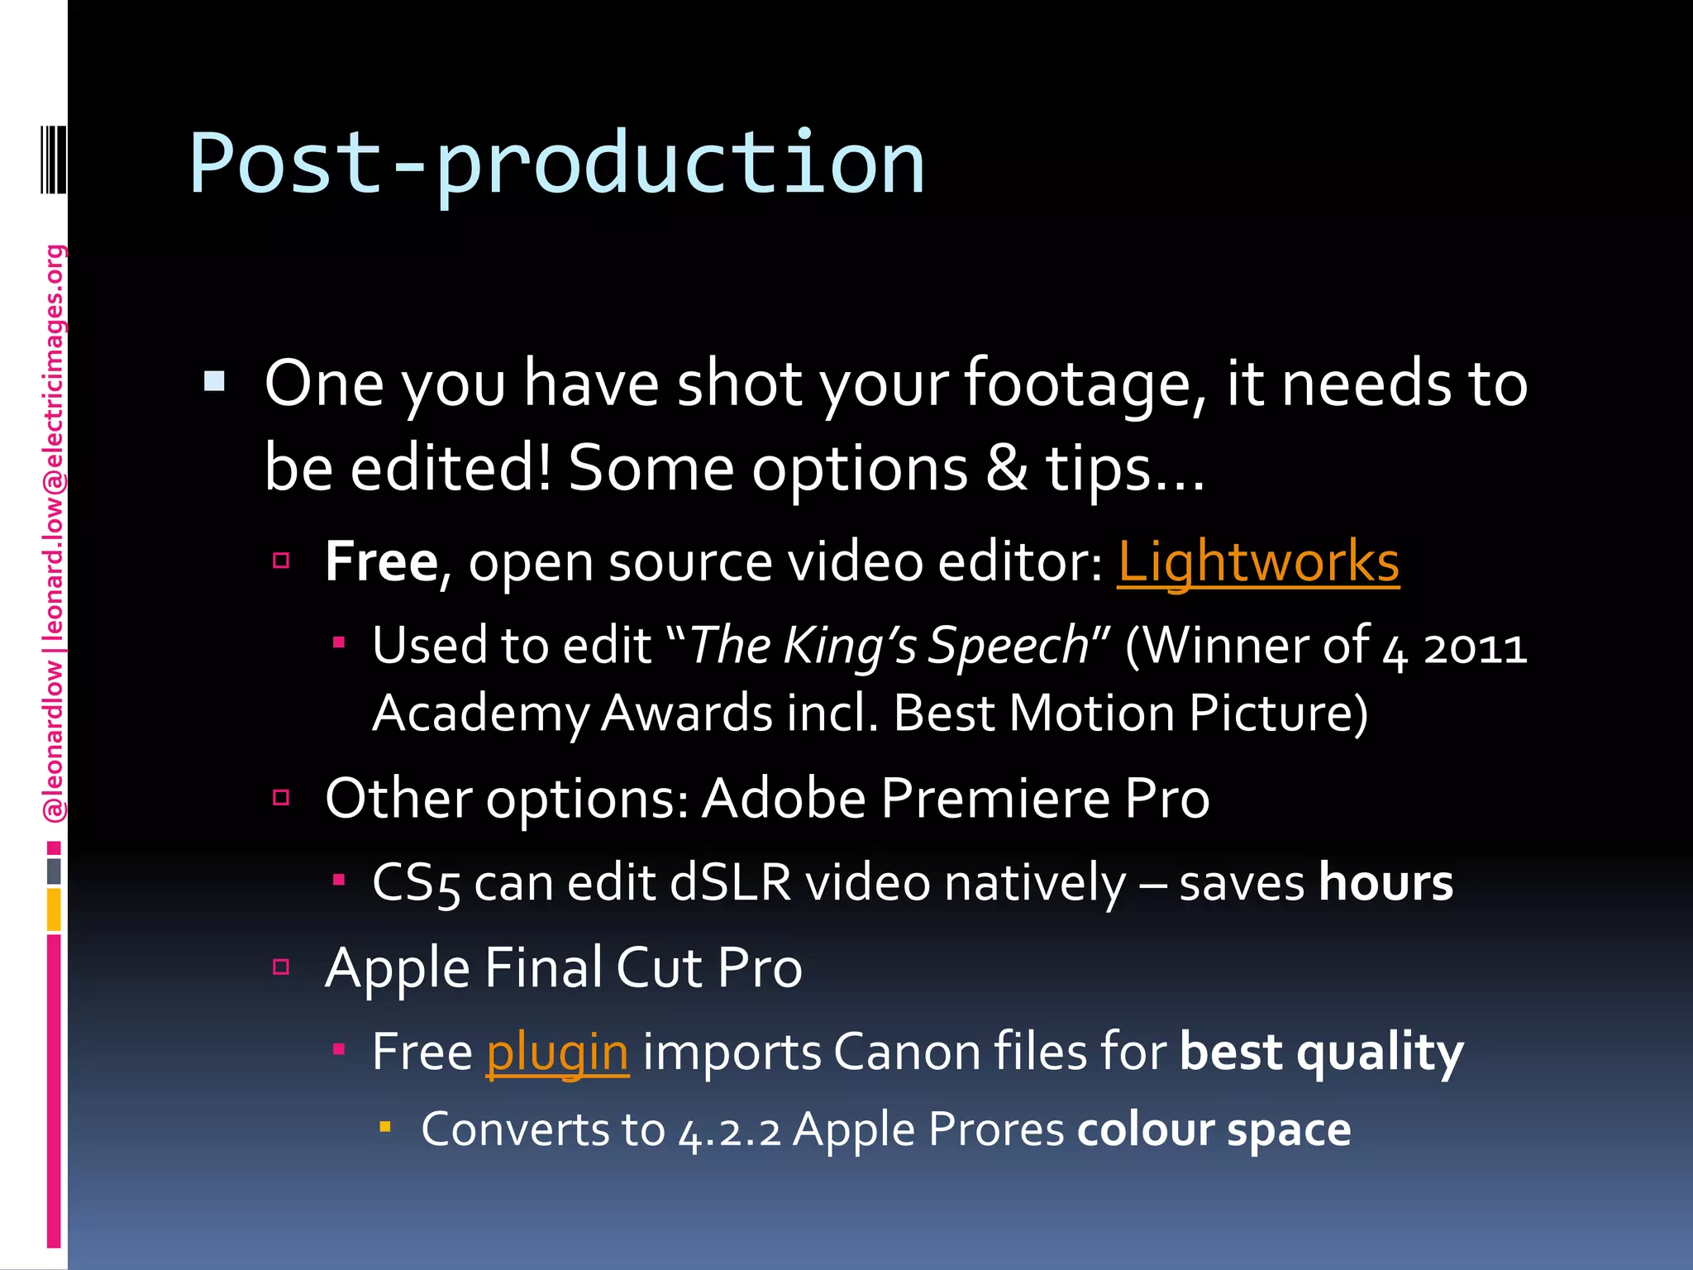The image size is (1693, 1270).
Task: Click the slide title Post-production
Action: point(556,163)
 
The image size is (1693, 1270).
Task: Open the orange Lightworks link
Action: point(1257,562)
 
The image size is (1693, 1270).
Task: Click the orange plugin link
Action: point(557,1053)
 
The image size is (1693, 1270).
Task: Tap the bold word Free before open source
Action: point(381,562)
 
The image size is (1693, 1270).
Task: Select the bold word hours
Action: point(1385,882)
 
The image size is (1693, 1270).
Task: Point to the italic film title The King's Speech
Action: point(889,645)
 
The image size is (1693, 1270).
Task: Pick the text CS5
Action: point(415,883)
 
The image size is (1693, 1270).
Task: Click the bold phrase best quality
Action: point(1321,1053)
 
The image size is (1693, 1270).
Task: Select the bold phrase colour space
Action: point(1214,1129)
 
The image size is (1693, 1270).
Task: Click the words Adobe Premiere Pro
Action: point(956,799)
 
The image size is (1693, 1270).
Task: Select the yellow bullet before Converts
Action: point(384,1126)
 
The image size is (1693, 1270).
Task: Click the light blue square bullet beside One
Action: point(214,381)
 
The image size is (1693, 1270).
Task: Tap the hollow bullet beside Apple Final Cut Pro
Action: point(281,967)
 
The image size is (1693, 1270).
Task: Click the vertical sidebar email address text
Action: point(54,446)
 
